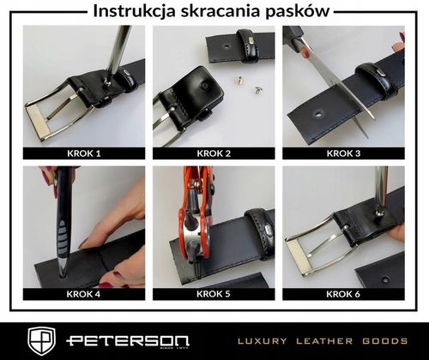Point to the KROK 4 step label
point(83,293)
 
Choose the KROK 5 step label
point(214,293)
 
